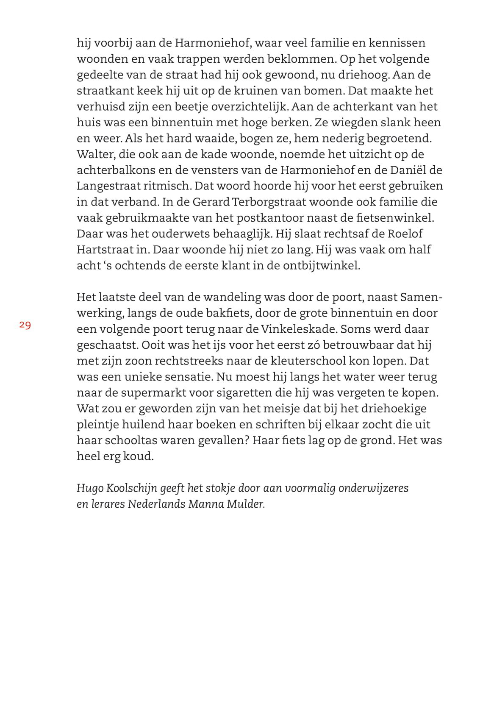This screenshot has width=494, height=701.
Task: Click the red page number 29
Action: click(25, 325)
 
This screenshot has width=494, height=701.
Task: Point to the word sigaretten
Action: click(246, 392)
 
